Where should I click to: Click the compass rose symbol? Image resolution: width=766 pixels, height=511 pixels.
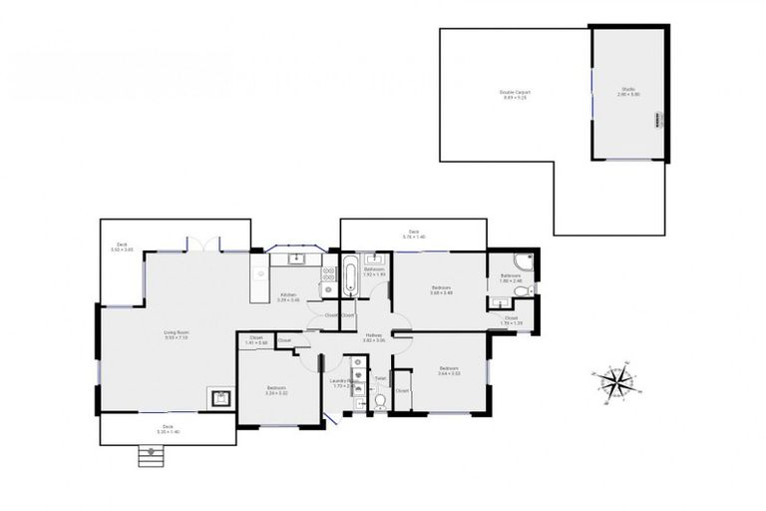click(x=619, y=381)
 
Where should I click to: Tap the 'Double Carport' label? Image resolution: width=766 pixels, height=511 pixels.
click(x=515, y=94)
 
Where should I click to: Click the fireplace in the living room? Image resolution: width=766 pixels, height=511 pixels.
click(x=220, y=398)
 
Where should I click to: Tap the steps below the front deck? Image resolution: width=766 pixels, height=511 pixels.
click(x=150, y=455)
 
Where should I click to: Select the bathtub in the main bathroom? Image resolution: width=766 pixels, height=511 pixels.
click(x=350, y=276)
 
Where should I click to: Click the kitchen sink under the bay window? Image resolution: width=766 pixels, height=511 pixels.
click(x=294, y=259)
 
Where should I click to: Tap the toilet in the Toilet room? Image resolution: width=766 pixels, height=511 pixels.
click(x=380, y=401)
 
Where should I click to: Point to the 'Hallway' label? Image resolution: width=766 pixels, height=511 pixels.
click(x=374, y=337)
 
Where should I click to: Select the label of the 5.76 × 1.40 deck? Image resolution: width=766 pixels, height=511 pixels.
click(x=413, y=235)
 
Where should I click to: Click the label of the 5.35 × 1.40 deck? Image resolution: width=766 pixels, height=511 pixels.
click(x=169, y=428)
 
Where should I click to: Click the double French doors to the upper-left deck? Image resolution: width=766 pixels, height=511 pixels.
click(x=203, y=244)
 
